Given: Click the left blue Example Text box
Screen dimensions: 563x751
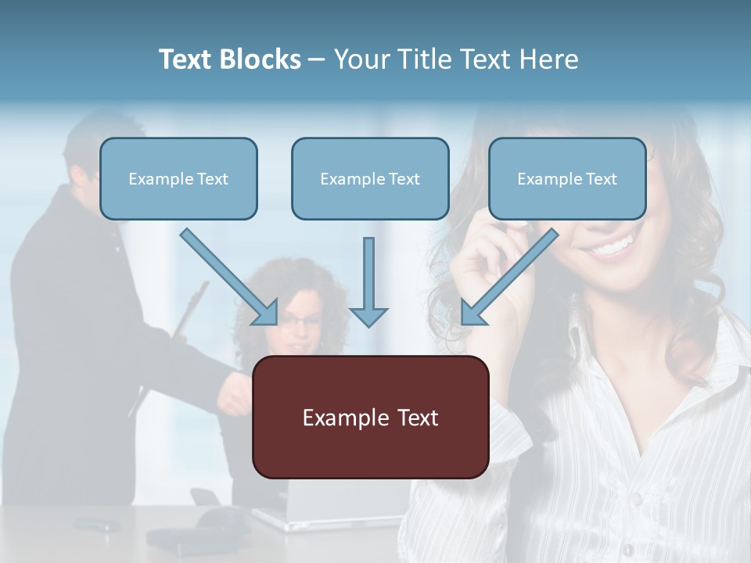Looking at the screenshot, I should pos(178,179).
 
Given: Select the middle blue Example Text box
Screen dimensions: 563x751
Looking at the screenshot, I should pos(370,179).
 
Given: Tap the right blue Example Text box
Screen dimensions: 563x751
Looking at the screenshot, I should pos(567,179).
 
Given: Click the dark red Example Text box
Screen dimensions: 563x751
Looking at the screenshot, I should pos(370,418).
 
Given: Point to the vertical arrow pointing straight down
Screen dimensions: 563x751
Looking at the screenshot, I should pos(368,281).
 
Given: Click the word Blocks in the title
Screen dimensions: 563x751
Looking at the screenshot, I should pos(261,59).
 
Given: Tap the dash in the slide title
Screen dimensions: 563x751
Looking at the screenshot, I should pos(317,59).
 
